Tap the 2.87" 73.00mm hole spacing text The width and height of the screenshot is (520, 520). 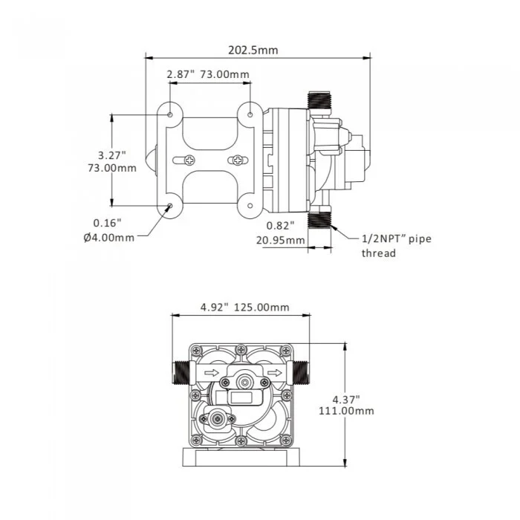coord(208,74)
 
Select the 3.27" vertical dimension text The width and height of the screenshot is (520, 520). coord(111,155)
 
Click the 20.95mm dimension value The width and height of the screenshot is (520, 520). coord(280,240)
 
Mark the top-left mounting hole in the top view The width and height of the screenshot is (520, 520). coord(172,115)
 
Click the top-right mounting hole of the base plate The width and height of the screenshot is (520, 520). coord(250,115)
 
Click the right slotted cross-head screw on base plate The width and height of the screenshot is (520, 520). coord(237,160)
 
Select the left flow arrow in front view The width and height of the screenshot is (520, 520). coord(210,373)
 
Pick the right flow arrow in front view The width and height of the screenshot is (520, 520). coord(275,373)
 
